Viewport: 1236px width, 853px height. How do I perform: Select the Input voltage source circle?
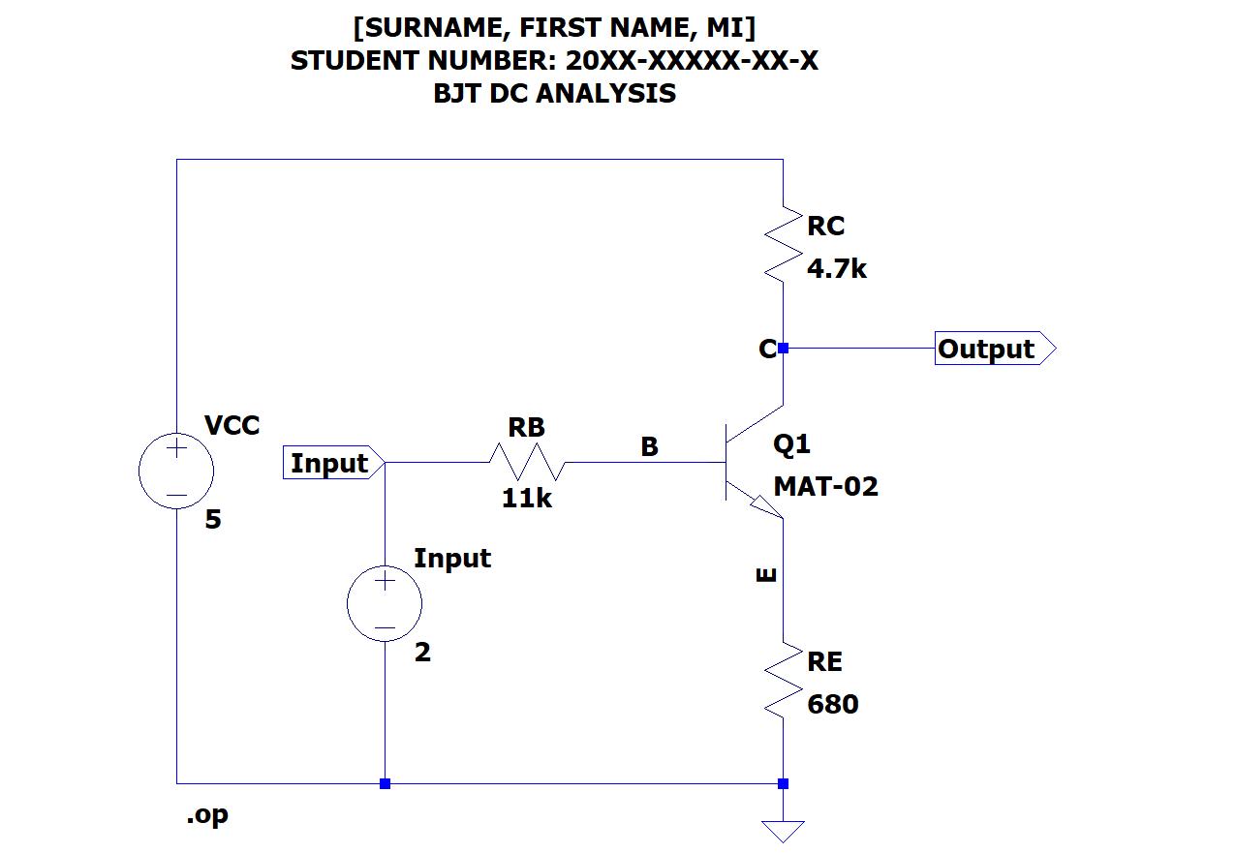coord(385,604)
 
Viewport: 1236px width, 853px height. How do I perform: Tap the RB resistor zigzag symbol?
coord(527,463)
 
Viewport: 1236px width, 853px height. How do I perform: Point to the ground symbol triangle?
coord(783,831)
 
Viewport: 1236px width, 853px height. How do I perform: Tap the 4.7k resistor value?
coord(837,269)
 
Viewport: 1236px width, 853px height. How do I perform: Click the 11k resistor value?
coord(526,499)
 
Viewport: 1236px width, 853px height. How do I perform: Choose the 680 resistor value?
coord(833,705)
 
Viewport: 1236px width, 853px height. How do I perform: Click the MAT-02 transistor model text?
coord(825,486)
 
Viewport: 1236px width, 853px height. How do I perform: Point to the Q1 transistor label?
coord(791,444)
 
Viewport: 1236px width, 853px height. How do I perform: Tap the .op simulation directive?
coord(207,815)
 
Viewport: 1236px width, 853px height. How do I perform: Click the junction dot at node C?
coord(783,348)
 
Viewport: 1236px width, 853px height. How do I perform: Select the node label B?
coord(649,446)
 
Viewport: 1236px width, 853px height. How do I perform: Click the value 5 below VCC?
coord(213,520)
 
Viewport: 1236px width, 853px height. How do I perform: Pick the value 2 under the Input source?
coord(422,653)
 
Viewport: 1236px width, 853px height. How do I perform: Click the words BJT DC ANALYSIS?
coord(554,94)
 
